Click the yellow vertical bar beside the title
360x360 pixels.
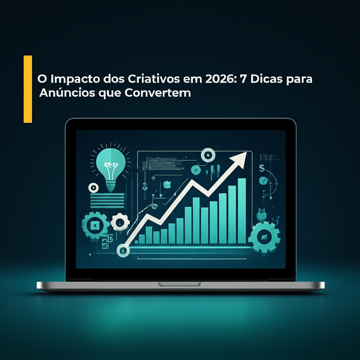28,89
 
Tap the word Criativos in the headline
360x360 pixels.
152,79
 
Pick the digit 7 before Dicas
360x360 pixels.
242,79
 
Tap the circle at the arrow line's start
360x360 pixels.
123,250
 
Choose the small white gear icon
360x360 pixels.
120,222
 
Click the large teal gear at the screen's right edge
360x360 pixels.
264,238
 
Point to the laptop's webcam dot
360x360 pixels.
180,124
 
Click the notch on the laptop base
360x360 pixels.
179,284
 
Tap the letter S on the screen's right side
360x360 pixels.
261,169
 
